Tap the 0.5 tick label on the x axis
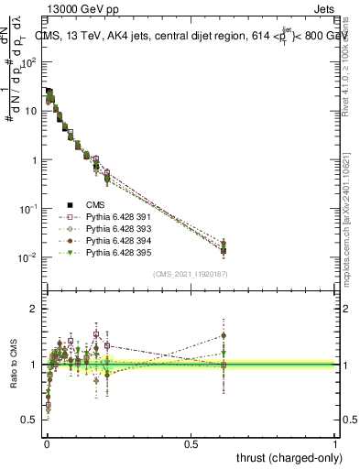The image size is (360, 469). point(191,442)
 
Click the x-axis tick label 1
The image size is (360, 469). point(335,442)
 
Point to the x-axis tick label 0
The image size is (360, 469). point(47,442)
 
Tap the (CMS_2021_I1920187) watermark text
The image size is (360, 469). point(191,275)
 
